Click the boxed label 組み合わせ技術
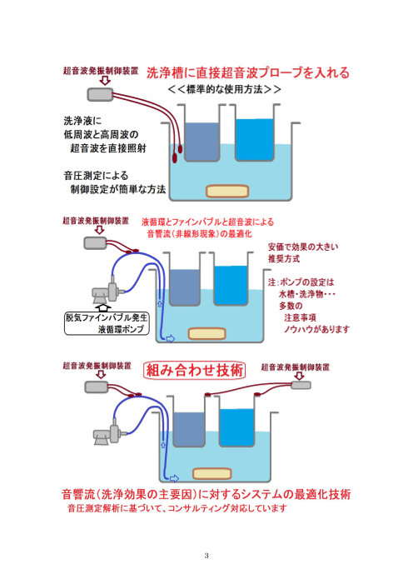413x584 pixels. (x=194, y=370)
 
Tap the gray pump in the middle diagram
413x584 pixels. (x=106, y=291)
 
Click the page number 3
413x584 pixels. (x=206, y=556)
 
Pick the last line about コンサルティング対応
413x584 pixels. (x=176, y=508)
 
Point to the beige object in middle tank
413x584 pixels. (x=208, y=333)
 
